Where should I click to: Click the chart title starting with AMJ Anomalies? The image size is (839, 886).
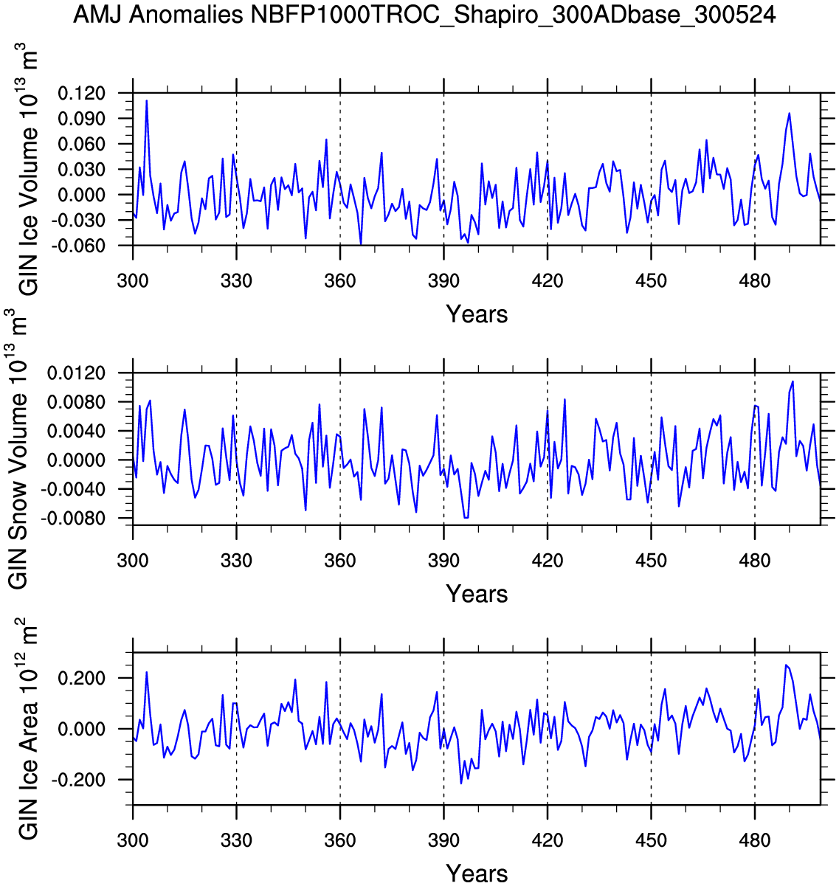424,15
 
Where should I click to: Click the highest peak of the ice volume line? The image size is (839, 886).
146,100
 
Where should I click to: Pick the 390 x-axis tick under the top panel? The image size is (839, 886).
443,281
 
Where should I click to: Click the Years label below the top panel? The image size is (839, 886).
477,314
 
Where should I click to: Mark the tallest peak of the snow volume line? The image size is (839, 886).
793,381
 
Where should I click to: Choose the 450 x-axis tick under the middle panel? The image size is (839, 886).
651,561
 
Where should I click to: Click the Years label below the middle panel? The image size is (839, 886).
477,594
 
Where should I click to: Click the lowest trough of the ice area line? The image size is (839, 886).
461,783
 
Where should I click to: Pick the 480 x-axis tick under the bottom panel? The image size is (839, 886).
755,840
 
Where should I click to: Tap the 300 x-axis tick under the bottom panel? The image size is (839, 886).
133,840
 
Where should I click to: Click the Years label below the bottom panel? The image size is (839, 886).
477,873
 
